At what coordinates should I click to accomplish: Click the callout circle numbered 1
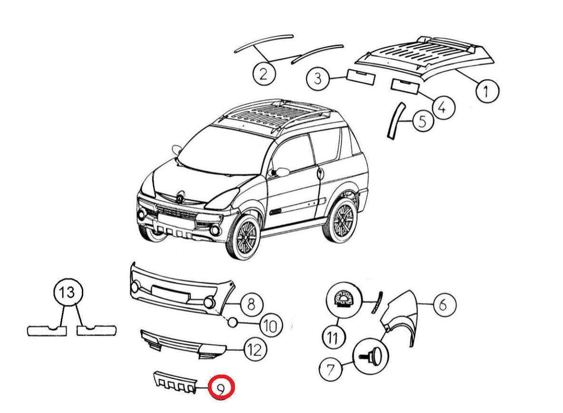487,92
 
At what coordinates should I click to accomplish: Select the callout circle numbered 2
264,74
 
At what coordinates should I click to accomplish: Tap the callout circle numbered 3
318,78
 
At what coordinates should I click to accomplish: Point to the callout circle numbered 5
423,121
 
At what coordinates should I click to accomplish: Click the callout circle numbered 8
252,304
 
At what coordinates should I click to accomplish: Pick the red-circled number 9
222,387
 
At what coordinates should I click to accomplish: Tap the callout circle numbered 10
271,326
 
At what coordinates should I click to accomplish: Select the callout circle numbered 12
255,349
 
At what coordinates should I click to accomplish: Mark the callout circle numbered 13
68,292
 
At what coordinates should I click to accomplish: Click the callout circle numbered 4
444,107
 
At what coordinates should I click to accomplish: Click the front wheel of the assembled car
244,237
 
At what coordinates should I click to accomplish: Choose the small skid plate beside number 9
175,382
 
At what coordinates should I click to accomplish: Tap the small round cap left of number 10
233,322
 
